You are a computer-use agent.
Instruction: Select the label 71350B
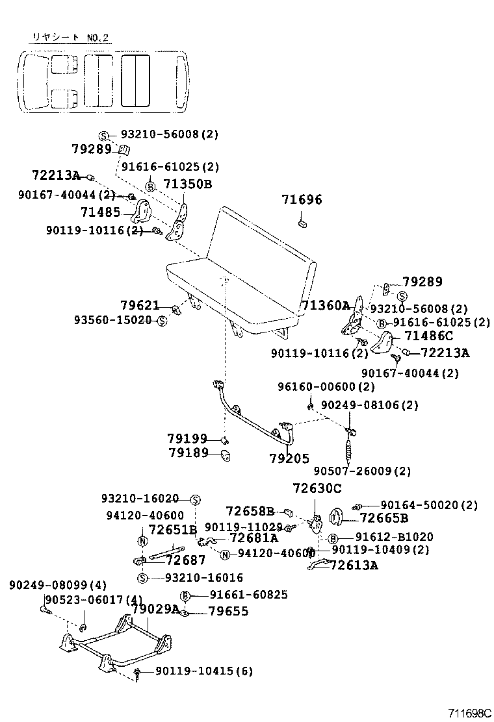click(187, 184)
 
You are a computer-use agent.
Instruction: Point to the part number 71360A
click(325, 305)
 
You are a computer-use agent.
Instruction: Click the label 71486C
click(428, 336)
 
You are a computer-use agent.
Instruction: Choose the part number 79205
click(289, 458)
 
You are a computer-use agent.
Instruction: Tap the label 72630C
click(317, 488)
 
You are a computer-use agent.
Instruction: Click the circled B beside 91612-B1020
click(332, 538)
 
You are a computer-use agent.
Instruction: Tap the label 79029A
click(155, 608)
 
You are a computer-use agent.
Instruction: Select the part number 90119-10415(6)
click(203, 671)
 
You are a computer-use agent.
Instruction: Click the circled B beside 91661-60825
click(185, 595)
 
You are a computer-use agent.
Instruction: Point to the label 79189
click(187, 453)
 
